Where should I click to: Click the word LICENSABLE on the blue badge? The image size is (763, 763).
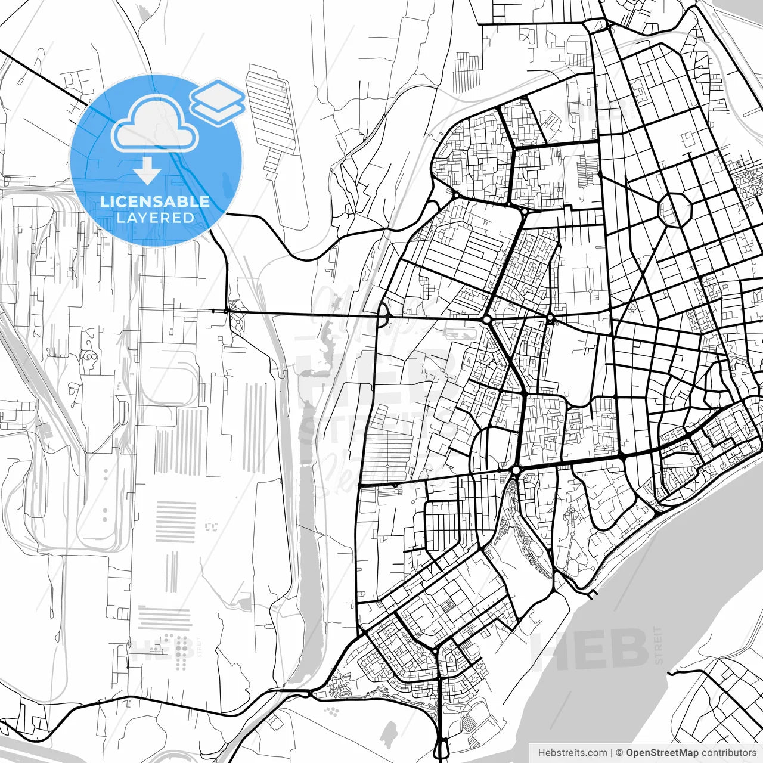(155, 201)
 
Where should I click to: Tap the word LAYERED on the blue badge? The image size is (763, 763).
(155, 218)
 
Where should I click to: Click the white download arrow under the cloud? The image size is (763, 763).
(147, 171)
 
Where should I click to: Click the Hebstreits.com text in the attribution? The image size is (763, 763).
(572, 752)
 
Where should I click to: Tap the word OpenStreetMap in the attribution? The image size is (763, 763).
(662, 752)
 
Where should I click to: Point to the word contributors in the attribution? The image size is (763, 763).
(728, 752)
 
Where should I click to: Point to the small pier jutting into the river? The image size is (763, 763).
(593, 594)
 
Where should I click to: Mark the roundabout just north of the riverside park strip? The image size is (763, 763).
(515, 471)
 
